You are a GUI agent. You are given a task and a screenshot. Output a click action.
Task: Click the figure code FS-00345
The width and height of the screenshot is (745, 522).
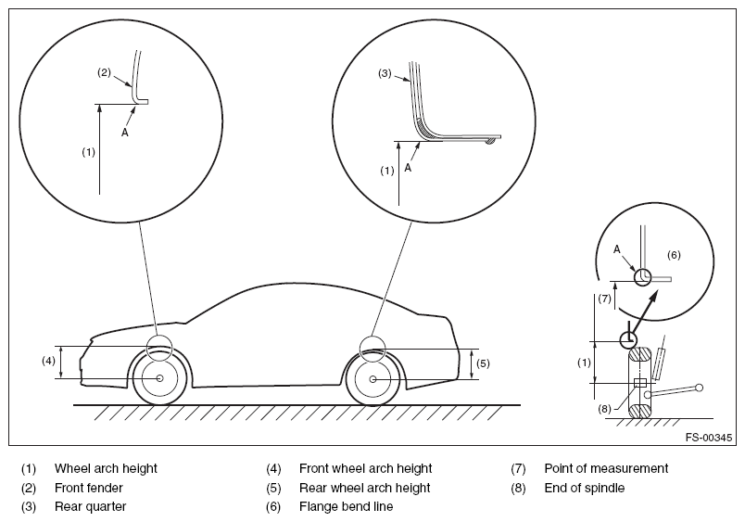709,438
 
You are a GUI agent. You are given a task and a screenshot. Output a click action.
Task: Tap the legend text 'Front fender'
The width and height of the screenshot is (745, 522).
88,488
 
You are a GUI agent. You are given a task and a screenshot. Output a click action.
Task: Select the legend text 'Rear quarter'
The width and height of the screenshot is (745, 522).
90,507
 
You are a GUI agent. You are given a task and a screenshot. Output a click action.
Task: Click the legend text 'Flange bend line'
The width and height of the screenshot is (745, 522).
346,507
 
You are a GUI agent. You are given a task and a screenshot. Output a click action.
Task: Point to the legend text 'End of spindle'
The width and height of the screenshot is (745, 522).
585,488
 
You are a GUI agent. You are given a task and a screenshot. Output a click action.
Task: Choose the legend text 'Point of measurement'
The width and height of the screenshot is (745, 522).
606,469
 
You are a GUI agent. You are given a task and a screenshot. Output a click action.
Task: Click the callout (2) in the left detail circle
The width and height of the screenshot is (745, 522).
104,72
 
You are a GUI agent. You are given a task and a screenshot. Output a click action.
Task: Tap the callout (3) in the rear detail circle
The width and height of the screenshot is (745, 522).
385,73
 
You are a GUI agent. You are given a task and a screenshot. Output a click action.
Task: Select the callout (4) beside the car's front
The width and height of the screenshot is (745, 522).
48,362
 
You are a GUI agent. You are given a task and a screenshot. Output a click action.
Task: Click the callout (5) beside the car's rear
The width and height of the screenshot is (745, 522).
483,363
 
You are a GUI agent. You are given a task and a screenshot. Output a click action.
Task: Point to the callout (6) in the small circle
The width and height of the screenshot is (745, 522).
674,255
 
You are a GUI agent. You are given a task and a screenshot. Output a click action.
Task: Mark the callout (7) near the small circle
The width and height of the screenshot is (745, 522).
604,299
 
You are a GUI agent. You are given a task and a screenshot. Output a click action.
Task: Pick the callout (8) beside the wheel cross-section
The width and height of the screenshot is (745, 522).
604,409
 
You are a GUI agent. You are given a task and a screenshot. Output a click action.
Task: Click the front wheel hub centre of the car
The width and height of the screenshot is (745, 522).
159,378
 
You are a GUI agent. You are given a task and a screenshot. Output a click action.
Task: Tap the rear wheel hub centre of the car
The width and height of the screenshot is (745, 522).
373,379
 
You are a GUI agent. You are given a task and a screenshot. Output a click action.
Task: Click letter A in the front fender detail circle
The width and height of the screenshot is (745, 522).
125,133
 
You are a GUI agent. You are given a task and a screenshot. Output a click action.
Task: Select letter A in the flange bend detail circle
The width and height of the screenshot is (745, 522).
617,249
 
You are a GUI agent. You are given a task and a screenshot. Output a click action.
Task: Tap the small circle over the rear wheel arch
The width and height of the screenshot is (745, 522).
373,337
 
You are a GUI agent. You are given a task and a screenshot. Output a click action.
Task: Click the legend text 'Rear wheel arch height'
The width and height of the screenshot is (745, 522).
364,488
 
